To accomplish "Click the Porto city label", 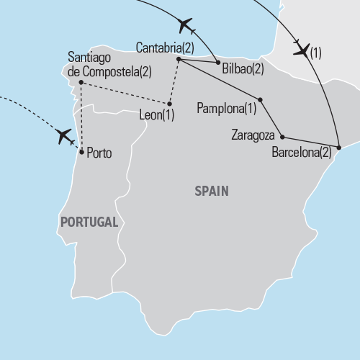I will coord(99,153).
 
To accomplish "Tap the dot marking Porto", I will coord(82,152).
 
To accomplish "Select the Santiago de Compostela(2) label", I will coord(108,63).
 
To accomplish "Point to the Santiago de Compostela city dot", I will coord(81,82).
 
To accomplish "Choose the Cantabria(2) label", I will coord(165,48).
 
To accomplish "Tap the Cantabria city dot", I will coord(178,58).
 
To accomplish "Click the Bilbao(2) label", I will coord(243,70).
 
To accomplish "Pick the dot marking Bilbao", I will coord(218,63).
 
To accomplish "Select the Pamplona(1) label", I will coord(226,109).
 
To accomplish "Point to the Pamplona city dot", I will coord(260,99).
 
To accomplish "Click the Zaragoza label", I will coord(253,135).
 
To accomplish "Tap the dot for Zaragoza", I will coord(282,136).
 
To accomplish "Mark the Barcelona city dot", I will coord(338,147).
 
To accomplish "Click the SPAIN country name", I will coord(212,191).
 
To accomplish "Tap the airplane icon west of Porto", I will coord(65,135).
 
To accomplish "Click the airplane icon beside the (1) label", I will coord(302,50).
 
